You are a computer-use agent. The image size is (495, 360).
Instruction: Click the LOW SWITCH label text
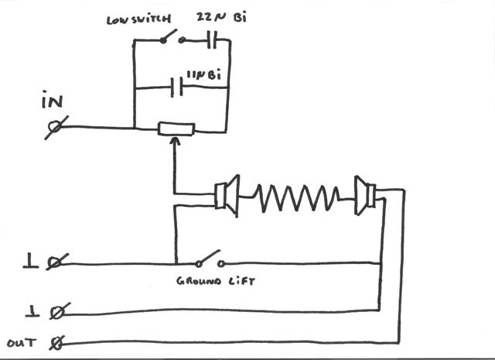138,19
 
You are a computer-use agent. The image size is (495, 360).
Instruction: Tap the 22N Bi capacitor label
221,17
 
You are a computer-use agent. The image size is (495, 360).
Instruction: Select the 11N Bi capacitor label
204,76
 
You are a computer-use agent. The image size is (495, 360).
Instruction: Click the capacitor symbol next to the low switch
212,39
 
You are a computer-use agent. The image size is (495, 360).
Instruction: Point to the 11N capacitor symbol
177,87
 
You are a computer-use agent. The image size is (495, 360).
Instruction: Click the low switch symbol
172,37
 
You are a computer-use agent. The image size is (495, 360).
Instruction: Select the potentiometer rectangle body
176,129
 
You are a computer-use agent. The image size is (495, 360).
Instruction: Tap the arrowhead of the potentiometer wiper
175,141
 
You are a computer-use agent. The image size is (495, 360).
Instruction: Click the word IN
52,100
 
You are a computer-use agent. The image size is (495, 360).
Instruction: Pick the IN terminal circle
56,127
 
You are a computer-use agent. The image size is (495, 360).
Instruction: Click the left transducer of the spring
227,196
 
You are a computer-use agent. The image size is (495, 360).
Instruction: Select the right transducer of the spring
365,196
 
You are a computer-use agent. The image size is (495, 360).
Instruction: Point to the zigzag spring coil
296,198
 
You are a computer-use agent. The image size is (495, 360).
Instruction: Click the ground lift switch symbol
210,259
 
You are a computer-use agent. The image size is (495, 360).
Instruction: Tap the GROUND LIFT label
216,281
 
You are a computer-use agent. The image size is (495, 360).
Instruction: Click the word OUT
22,343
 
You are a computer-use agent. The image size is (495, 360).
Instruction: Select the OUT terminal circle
57,343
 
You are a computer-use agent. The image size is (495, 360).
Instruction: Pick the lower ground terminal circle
57,312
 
